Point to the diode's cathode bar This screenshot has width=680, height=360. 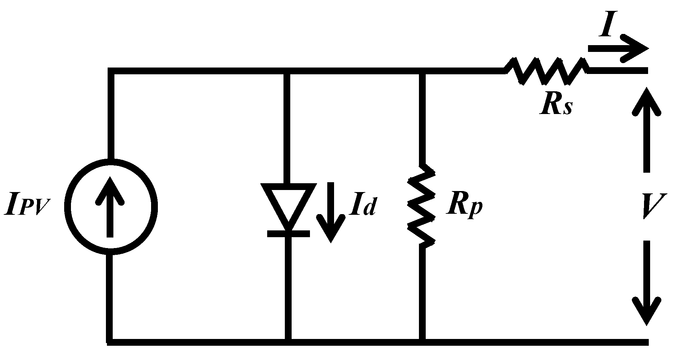coord(288,233)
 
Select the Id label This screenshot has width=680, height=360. coord(363,206)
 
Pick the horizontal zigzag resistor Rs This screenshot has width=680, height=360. coord(547,71)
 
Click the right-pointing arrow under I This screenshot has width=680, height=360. coord(618,49)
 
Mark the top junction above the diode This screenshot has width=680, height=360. coord(288,71)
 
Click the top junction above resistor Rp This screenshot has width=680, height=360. coord(422,71)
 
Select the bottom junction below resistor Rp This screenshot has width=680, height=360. coord(422,342)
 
